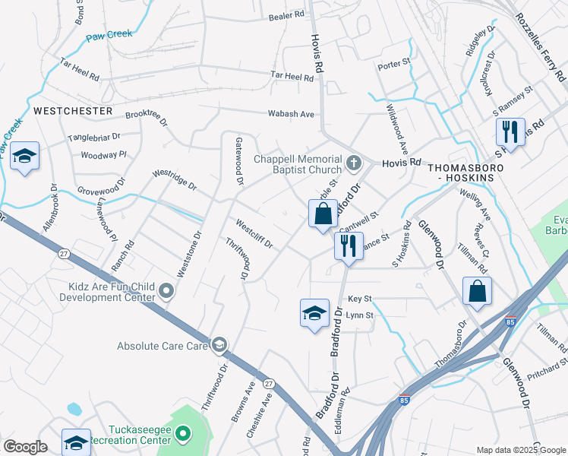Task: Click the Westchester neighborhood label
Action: [x=73, y=111]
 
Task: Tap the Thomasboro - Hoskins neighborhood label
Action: [x=460, y=171]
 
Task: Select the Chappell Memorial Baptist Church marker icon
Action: [x=353, y=163]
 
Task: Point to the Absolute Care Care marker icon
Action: [x=219, y=346]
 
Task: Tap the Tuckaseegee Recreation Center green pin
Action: [x=182, y=434]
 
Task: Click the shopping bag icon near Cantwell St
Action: [x=323, y=214]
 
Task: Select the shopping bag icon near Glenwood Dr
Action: [x=477, y=292]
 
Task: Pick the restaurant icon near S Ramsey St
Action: [x=510, y=131]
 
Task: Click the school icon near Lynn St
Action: [x=314, y=313]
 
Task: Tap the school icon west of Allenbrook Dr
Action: [x=25, y=157]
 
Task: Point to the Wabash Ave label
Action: [x=291, y=114]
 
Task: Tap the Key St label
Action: [x=359, y=299]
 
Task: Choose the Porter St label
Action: [x=394, y=64]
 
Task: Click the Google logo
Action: [x=25, y=447]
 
